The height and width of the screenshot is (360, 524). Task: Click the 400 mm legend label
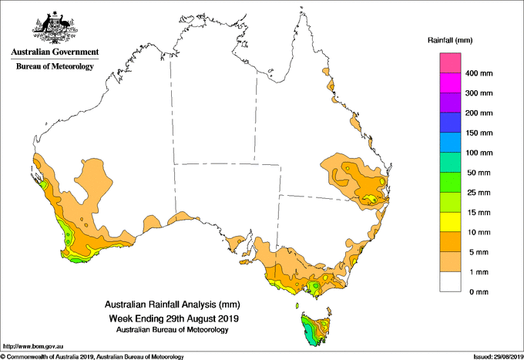(479, 73)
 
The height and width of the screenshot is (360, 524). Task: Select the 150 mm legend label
(479, 133)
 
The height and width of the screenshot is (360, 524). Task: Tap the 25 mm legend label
(479, 193)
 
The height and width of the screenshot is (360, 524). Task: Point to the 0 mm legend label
(479, 292)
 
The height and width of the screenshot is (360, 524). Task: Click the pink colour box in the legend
(450, 63)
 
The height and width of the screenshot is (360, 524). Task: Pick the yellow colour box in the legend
(450, 222)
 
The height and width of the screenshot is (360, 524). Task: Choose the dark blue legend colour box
(450, 123)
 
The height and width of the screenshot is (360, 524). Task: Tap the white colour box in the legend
(450, 282)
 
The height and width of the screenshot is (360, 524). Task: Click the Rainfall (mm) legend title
(450, 40)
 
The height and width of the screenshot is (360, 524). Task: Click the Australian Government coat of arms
(55, 28)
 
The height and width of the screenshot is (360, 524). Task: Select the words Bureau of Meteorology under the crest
(55, 66)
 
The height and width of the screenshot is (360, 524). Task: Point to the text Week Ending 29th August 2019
(174, 318)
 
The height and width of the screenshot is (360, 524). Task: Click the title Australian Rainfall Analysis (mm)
(173, 304)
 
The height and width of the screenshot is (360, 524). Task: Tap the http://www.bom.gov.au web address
(33, 346)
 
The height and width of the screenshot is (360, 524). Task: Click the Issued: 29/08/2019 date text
(499, 357)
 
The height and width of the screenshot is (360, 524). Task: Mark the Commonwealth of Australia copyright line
(92, 357)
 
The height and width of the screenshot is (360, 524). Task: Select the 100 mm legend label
(479, 153)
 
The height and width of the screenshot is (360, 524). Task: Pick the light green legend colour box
(450, 202)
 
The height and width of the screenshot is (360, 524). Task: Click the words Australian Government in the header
(55, 52)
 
